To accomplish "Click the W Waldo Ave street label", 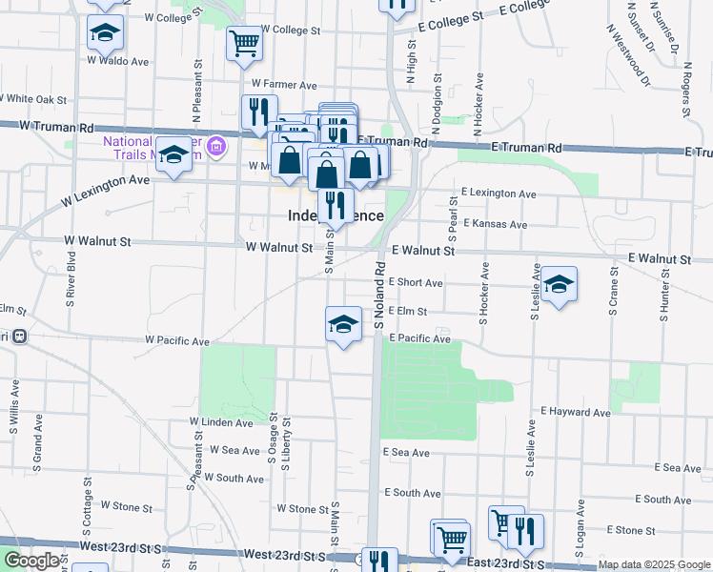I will [x=118, y=61].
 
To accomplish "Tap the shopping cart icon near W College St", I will [x=244, y=43].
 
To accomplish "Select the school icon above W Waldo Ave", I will [x=105, y=33].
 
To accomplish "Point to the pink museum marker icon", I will [x=216, y=146].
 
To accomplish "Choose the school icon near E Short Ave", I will [x=559, y=283].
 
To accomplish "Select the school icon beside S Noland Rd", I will [x=342, y=324].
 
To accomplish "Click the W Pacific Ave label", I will [x=177, y=340].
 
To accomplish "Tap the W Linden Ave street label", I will [x=221, y=421].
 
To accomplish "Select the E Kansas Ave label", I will [x=494, y=225].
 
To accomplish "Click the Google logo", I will [x=32, y=561].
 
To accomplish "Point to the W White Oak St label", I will [x=33, y=98].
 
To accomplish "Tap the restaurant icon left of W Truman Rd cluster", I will [x=258, y=112].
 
